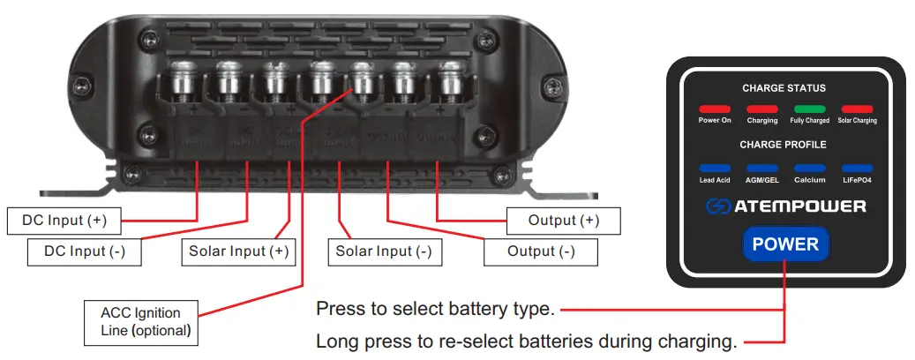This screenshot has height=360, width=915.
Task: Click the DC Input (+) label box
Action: [64, 220]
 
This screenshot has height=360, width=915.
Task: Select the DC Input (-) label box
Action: [85, 251]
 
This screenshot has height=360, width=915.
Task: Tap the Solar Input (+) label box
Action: [238, 251]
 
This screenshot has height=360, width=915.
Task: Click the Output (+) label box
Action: [564, 220]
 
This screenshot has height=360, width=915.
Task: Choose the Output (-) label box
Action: [541, 251]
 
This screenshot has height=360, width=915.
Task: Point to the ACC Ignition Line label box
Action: [140, 322]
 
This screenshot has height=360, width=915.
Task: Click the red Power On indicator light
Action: [714, 109]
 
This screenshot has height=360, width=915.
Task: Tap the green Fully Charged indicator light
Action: [809, 109]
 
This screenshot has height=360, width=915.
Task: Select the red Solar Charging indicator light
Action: [857, 109]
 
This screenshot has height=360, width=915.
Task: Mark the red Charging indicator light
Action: [762, 109]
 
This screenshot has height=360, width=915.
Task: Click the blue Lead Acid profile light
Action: [714, 168]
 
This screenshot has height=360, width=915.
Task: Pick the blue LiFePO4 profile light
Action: [857, 168]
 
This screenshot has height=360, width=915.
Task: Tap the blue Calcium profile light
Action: [809, 168]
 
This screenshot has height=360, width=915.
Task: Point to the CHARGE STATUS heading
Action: [784, 88]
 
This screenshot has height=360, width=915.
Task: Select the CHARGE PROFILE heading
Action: [784, 144]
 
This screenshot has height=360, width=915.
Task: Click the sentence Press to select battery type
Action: [434, 310]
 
